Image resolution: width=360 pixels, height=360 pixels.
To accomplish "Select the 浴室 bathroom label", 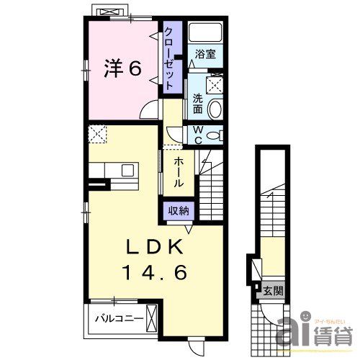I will click(204, 54).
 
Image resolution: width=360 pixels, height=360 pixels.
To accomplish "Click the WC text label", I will click(196, 134).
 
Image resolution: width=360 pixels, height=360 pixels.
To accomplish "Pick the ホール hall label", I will click(179, 172).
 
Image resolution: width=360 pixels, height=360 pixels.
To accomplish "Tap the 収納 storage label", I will click(179, 211).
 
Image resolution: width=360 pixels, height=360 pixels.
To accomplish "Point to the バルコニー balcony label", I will click(119, 317).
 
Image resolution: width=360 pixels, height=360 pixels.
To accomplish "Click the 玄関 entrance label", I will click(273, 291).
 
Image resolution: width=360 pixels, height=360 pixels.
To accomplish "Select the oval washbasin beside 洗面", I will click(215, 109).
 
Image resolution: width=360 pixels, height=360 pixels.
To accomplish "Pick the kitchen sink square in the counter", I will click(127, 171).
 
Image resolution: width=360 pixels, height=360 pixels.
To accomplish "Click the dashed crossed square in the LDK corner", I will click(98, 134).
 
